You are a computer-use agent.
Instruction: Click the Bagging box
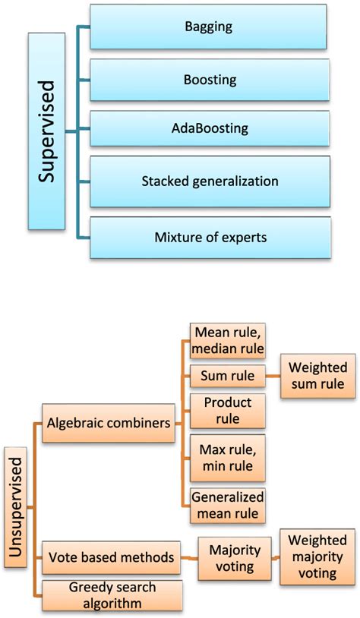pos(209,27)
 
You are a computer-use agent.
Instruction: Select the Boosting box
pos(209,79)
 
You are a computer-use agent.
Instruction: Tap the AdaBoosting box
pos(209,130)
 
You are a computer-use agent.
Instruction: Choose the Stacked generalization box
pos(209,181)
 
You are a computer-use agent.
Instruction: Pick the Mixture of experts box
pos(209,237)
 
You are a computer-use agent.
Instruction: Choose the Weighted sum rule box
pos(317,376)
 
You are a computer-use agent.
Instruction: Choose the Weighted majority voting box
pos(317,557)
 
